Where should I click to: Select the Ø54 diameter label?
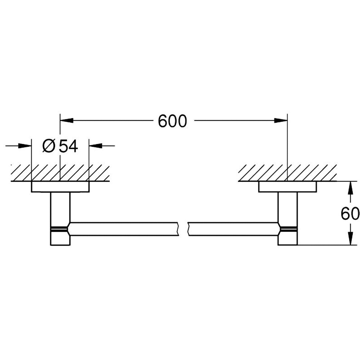[x=60, y=146]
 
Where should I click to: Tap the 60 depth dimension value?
[x=350, y=214]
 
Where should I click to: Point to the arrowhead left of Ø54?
[x=26, y=146]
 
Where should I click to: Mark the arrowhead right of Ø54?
[x=95, y=146]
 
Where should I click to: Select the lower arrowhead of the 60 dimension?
[x=350, y=239]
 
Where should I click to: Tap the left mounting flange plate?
[x=60, y=186]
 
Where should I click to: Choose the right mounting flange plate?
[x=287, y=186]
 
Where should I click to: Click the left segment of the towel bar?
[x=124, y=229]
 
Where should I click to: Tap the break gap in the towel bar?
[x=183, y=229]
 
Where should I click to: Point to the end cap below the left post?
[x=60, y=238]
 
